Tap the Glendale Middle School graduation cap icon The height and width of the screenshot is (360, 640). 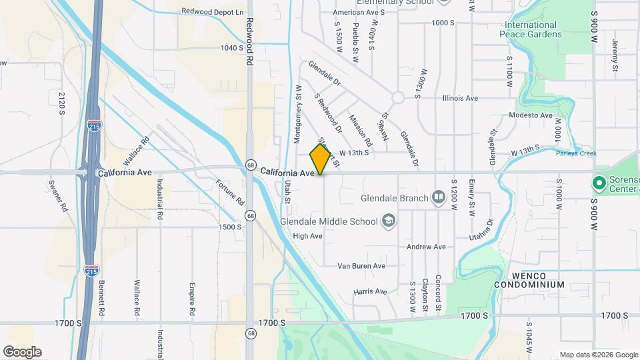coord(387,221)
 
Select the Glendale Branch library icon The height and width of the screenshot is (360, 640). coord(438,197)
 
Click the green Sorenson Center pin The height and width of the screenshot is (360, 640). coord(598,182)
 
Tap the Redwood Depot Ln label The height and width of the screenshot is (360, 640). coord(213,12)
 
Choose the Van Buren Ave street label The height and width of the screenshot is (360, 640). coord(361,265)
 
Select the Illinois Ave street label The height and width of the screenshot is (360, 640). coord(460,98)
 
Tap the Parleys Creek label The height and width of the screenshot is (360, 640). coord(576,153)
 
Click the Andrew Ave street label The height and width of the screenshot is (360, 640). coord(426,247)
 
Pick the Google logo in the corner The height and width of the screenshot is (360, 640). coord(22,351)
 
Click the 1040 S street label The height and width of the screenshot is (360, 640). coord(233,48)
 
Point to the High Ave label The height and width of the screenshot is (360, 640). coord(307,236)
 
